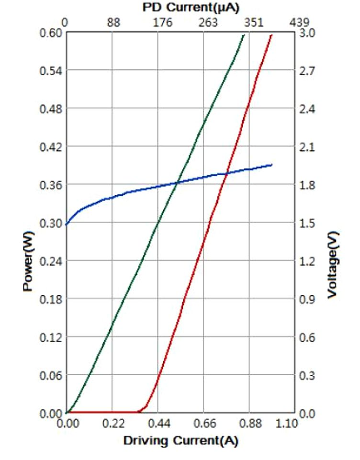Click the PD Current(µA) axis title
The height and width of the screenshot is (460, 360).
191,7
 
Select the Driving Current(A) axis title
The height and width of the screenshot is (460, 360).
180,440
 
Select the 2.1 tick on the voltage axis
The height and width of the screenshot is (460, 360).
308,146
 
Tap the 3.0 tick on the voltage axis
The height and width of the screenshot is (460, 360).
308,33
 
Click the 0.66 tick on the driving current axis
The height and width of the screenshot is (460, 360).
203,424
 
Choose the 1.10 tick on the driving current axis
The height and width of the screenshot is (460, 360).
287,424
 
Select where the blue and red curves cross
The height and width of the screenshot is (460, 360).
226,173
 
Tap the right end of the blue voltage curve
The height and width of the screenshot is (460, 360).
272,165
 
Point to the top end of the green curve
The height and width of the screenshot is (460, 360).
244,34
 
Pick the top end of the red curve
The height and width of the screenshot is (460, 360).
272,34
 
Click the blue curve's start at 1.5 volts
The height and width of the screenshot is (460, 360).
67,223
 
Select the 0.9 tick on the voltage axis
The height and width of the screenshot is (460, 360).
308,299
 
